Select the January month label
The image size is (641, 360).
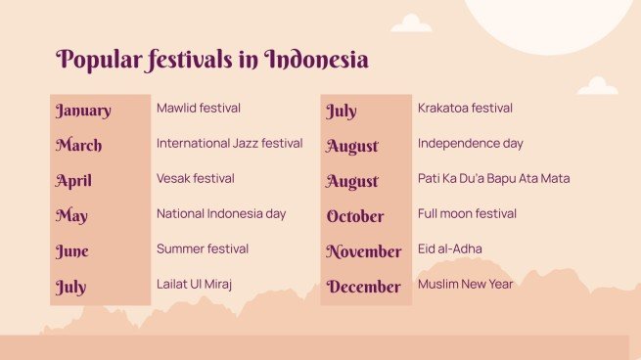(x=83, y=111)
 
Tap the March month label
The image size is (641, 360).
(x=78, y=146)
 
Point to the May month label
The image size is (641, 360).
(x=71, y=216)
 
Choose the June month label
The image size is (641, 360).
(x=71, y=251)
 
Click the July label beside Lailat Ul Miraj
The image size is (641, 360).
(x=70, y=288)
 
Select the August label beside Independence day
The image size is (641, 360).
(x=352, y=146)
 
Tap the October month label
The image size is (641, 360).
(x=355, y=216)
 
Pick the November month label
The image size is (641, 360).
(x=363, y=251)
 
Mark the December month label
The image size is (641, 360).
(x=363, y=287)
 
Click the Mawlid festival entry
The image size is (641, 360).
(x=199, y=109)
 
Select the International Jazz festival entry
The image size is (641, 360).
(x=229, y=144)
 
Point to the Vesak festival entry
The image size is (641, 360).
(x=195, y=179)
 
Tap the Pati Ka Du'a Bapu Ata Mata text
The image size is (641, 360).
(x=493, y=179)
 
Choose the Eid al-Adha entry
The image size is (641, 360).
(x=449, y=249)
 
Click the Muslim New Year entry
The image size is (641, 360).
(x=465, y=285)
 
